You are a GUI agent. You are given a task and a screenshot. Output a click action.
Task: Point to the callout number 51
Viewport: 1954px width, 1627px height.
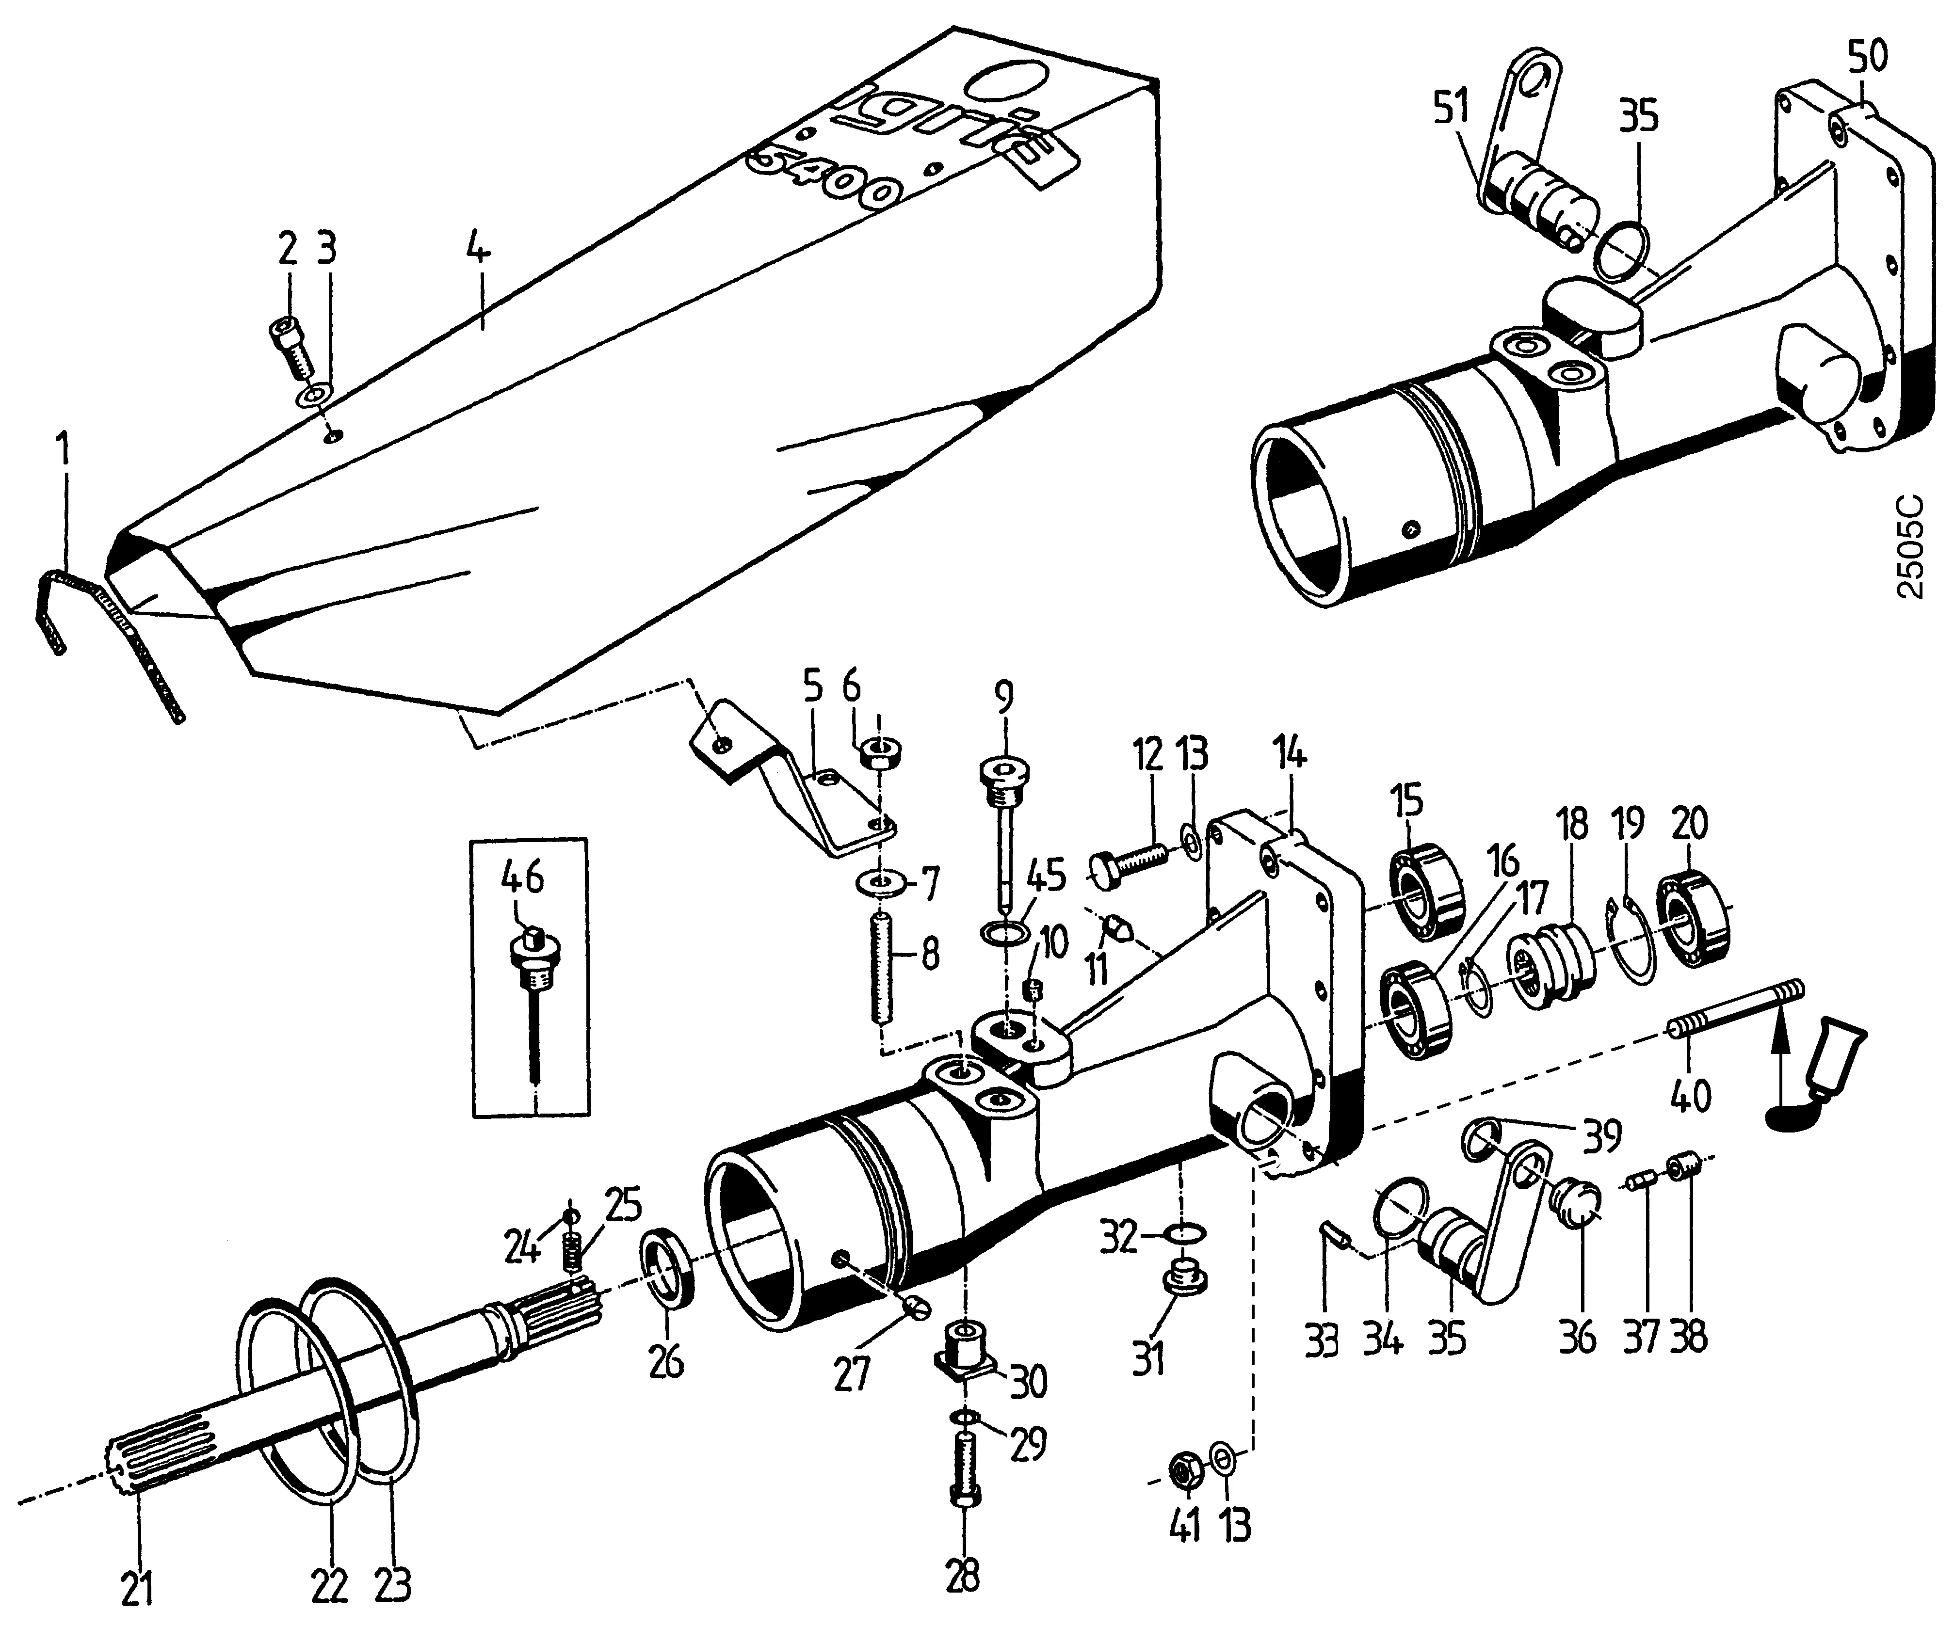click(x=1452, y=109)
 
